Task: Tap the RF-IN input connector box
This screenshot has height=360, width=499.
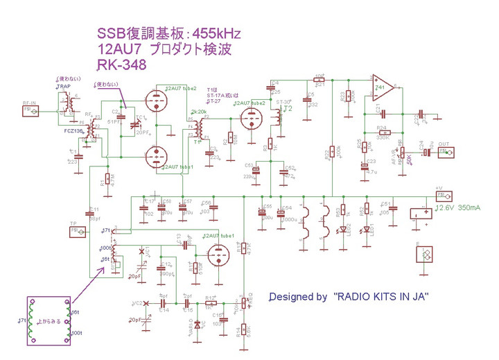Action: click(x=28, y=109)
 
